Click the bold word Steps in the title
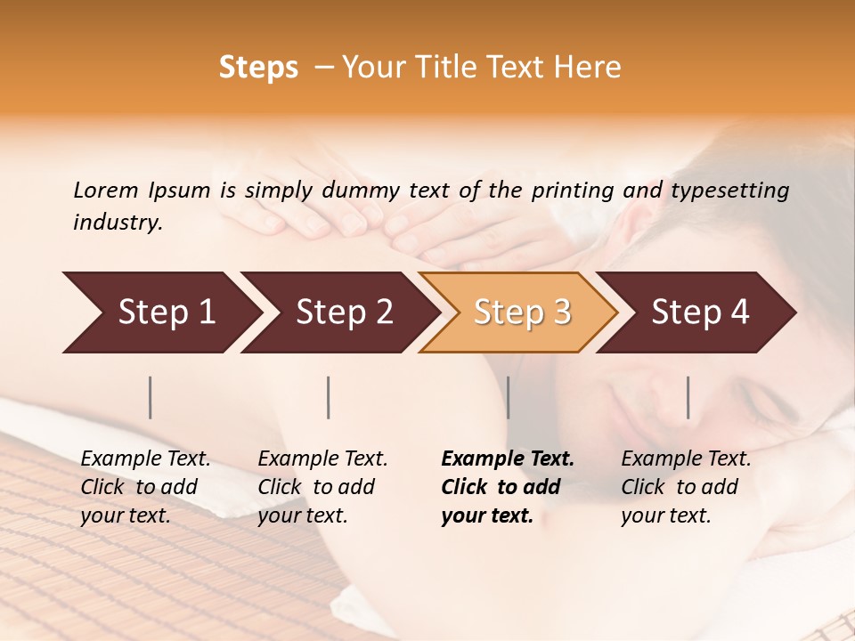pyautogui.click(x=258, y=68)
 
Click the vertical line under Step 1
pyautogui.click(x=151, y=397)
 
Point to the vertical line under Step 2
pyautogui.click(x=329, y=397)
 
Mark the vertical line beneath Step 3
pyautogui.click(x=509, y=397)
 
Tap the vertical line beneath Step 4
pyautogui.click(x=688, y=397)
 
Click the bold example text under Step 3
pyautogui.click(x=508, y=487)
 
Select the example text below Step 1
pyautogui.click(x=145, y=487)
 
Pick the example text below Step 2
pyautogui.click(x=322, y=487)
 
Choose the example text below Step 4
pyautogui.click(x=686, y=487)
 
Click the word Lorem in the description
pyautogui.click(x=106, y=190)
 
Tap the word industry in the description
pyautogui.click(x=118, y=223)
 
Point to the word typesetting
pyautogui.click(x=729, y=191)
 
